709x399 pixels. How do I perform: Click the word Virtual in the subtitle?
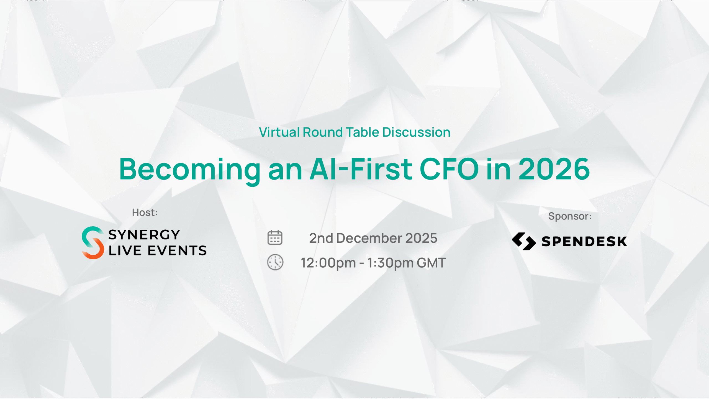[x=279, y=132]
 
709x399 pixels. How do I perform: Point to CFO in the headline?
[x=449, y=169]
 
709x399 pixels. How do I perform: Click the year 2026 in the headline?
[x=554, y=169]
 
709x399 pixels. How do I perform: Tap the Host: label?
[x=145, y=213]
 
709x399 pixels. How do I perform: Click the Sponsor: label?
[x=570, y=216]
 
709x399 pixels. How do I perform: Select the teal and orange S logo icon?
[x=93, y=243]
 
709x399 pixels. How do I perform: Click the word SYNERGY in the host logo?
[x=144, y=235]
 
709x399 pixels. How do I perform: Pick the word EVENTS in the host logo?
[x=177, y=250]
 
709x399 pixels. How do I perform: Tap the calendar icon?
[x=275, y=237]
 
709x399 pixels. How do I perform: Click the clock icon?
[x=275, y=262]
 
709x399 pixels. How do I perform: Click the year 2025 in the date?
[x=421, y=238]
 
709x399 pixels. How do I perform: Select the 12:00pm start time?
[x=328, y=263]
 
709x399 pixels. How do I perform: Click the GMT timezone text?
[x=431, y=263]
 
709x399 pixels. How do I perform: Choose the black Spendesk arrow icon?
[x=524, y=241]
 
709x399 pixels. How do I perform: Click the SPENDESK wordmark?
[x=584, y=242]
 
